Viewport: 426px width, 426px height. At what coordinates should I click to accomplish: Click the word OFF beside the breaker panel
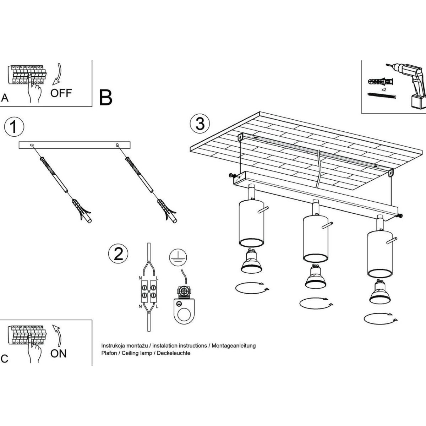(x=61, y=93)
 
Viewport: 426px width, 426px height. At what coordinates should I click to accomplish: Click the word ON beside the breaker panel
(x=59, y=353)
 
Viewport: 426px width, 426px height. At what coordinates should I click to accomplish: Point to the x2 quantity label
(x=384, y=90)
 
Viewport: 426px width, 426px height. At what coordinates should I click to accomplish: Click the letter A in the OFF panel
(x=5, y=98)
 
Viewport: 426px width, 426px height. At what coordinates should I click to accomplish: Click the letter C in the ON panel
(x=4, y=359)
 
